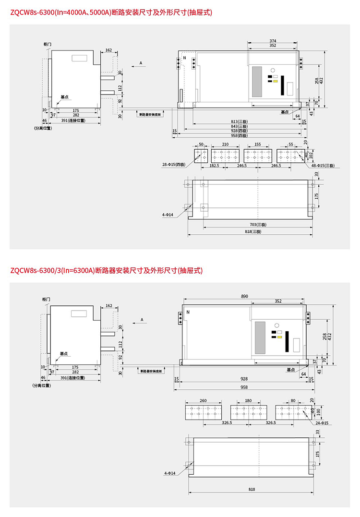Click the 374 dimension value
pyautogui.click(x=273, y=41)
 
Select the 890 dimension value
pyautogui.click(x=245, y=296)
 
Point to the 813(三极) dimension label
pyautogui.click(x=239, y=121)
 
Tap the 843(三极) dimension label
pyautogui.click(x=239, y=126)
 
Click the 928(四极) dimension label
pyautogui.click(x=239, y=131)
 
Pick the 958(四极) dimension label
pyautogui.click(x=239, y=135)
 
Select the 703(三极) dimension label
pyautogui.click(x=258, y=225)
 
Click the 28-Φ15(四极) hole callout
pyautogui.click(x=173, y=165)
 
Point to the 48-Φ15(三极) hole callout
pyautogui.click(x=323, y=165)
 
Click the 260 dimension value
pyautogui.click(x=203, y=400)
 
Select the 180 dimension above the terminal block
pyautogui.click(x=248, y=400)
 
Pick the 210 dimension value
pyautogui.click(x=225, y=144)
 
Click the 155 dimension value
pyautogui.click(x=258, y=144)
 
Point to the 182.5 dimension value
pyautogui.click(x=215, y=165)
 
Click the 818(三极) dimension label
pyautogui.click(x=252, y=232)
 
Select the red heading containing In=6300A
pyautogui.click(x=106, y=271)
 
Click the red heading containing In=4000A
pyautogui.click(x=110, y=12)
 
